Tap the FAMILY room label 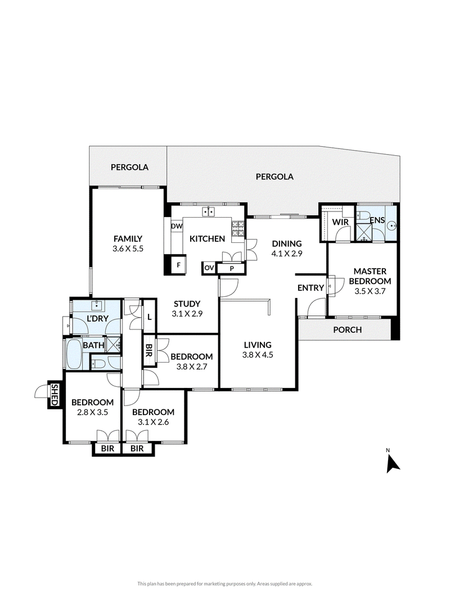(x=128, y=239)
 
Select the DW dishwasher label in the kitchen (x=177, y=226)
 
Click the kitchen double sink (x=209, y=211)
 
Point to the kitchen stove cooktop (x=237, y=229)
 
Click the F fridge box (x=178, y=265)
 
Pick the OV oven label (x=209, y=268)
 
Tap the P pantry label (x=232, y=269)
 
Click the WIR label (x=340, y=222)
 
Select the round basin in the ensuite (x=391, y=225)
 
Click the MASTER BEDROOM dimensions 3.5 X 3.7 (x=370, y=291)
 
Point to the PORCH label (x=348, y=330)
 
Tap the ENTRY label (x=310, y=288)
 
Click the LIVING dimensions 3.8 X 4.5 (x=258, y=355)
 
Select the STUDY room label (x=187, y=304)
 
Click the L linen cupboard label (x=149, y=317)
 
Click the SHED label (x=54, y=395)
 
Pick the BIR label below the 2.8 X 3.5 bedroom (x=107, y=449)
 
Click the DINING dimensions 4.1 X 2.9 (x=287, y=253)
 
